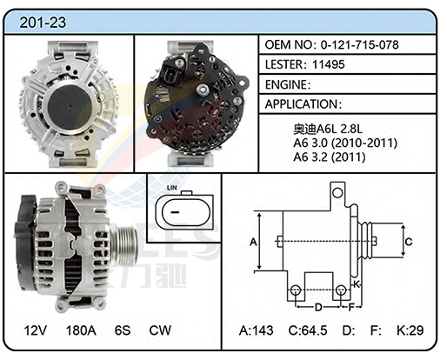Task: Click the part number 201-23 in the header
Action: click(43, 23)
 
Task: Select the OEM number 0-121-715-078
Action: click(360, 44)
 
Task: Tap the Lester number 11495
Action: click(329, 64)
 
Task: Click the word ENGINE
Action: click(286, 84)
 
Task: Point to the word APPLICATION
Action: click(302, 104)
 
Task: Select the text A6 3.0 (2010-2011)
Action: click(345, 143)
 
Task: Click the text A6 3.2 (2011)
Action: click(330, 157)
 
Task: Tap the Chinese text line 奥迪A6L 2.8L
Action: click(328, 129)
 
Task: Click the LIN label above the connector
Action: click(171, 188)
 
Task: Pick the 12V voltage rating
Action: click(36, 330)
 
